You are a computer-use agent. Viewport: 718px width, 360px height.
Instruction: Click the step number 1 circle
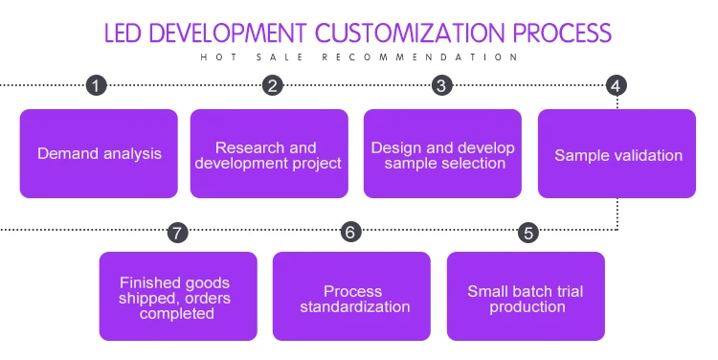pos(96,85)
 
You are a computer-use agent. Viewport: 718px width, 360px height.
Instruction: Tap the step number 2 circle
pos(273,85)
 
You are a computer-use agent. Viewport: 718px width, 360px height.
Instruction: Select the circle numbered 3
pos(442,85)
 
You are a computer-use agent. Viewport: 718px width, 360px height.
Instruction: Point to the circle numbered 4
pos(616,85)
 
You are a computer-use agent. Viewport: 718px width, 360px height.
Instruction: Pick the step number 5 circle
pos(528,233)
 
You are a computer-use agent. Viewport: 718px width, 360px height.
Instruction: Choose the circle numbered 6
pos(350,232)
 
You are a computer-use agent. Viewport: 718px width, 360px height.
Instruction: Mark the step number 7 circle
pos(178,233)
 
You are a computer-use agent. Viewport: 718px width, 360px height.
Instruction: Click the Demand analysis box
pos(99,153)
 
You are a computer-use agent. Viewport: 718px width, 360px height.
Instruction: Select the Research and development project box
pos(269,153)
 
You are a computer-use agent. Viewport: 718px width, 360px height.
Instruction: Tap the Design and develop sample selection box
pos(442,153)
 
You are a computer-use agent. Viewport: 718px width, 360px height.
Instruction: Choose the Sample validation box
pos(617,153)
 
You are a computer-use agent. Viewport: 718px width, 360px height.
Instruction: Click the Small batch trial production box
pos(526,297)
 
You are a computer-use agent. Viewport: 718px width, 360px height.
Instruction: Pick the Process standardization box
pos(351,297)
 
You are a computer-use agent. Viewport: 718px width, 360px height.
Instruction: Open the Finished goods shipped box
pos(178,297)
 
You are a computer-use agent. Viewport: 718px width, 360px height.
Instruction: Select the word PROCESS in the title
pos(562,33)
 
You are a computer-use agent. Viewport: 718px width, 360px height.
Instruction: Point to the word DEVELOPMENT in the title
pos(228,33)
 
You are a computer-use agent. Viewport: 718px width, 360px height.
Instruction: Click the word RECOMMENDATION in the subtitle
pos(420,57)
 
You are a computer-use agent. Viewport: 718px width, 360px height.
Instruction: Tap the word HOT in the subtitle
pos(219,57)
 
